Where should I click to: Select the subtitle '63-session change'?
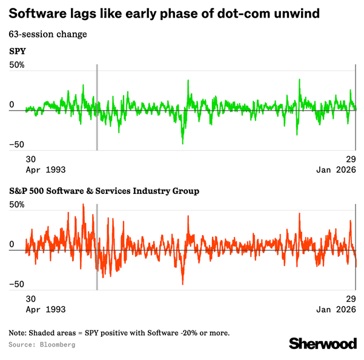48,33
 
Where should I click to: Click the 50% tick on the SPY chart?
17,65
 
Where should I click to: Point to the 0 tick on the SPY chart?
12,105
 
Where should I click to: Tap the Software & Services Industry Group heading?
104,192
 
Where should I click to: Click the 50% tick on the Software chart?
17,205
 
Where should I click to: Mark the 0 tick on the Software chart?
12,245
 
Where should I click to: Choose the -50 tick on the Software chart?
16,284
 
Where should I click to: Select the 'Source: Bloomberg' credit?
42,344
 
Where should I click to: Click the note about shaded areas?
119,333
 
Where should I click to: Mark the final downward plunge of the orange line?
356,261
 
